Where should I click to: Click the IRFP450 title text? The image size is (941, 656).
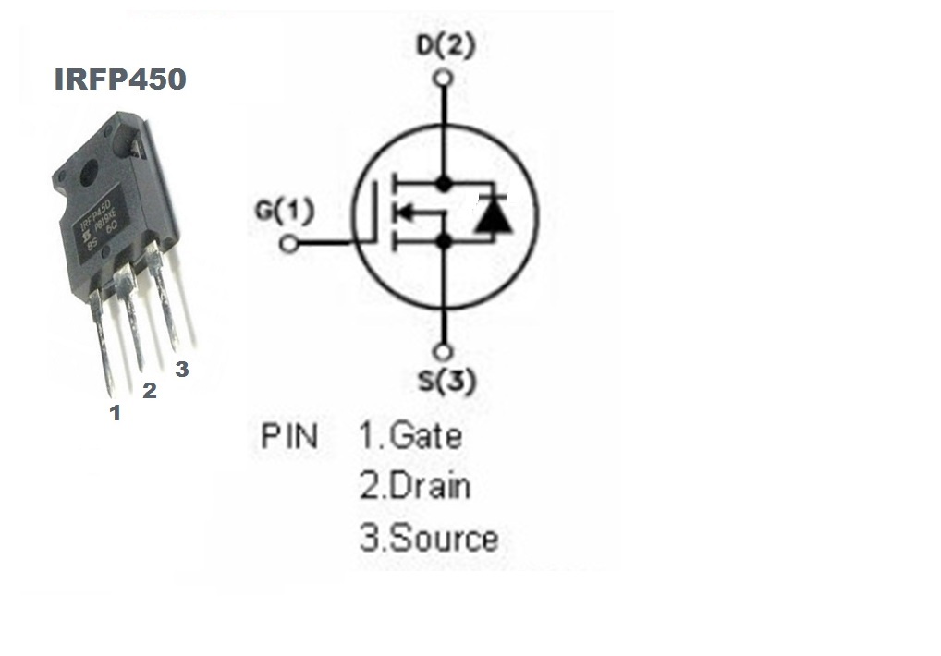point(120,79)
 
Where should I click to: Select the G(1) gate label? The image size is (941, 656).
point(284,212)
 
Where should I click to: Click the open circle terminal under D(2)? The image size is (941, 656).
point(445,78)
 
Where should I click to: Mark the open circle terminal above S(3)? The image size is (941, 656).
point(445,352)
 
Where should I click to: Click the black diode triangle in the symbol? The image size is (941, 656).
point(491,215)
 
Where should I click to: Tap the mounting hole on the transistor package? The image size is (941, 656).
point(90,173)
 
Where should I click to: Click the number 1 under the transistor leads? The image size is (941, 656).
point(116,413)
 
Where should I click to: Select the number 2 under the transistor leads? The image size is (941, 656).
point(149,391)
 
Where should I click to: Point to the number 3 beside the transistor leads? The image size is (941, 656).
point(182,369)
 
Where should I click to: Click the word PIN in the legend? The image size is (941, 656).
point(288,435)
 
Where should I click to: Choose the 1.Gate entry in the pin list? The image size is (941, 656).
point(410,435)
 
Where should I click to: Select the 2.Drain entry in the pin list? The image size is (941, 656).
point(415,486)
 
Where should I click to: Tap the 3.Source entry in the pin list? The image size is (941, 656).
point(429,539)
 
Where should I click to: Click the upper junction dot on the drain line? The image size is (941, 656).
point(445,184)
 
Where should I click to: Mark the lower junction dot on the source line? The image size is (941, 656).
point(445,241)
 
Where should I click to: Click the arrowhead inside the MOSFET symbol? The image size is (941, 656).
point(403,213)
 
